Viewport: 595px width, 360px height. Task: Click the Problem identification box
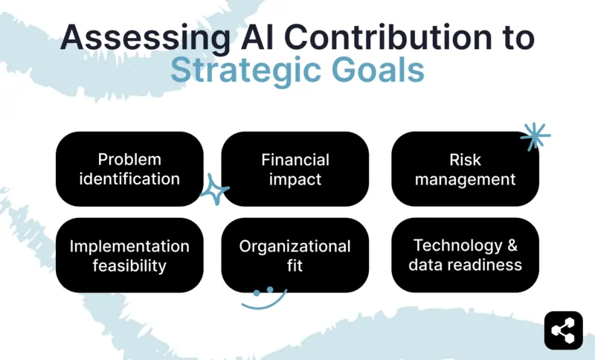click(129, 169)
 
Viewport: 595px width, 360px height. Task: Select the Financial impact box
click(295, 169)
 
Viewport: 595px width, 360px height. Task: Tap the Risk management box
click(466, 169)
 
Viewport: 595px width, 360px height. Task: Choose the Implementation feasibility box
click(129, 255)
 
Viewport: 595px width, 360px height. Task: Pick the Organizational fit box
click(295, 255)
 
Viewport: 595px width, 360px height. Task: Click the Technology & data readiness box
click(466, 255)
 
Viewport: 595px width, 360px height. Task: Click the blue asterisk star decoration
click(535, 136)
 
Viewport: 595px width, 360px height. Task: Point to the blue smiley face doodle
click(263, 296)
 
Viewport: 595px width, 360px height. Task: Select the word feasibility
click(129, 266)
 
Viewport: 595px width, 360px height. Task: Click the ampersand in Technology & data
click(509, 245)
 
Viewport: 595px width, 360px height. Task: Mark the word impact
click(295, 179)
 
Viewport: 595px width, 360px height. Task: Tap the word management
click(466, 179)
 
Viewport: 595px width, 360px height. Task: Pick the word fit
click(295, 266)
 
